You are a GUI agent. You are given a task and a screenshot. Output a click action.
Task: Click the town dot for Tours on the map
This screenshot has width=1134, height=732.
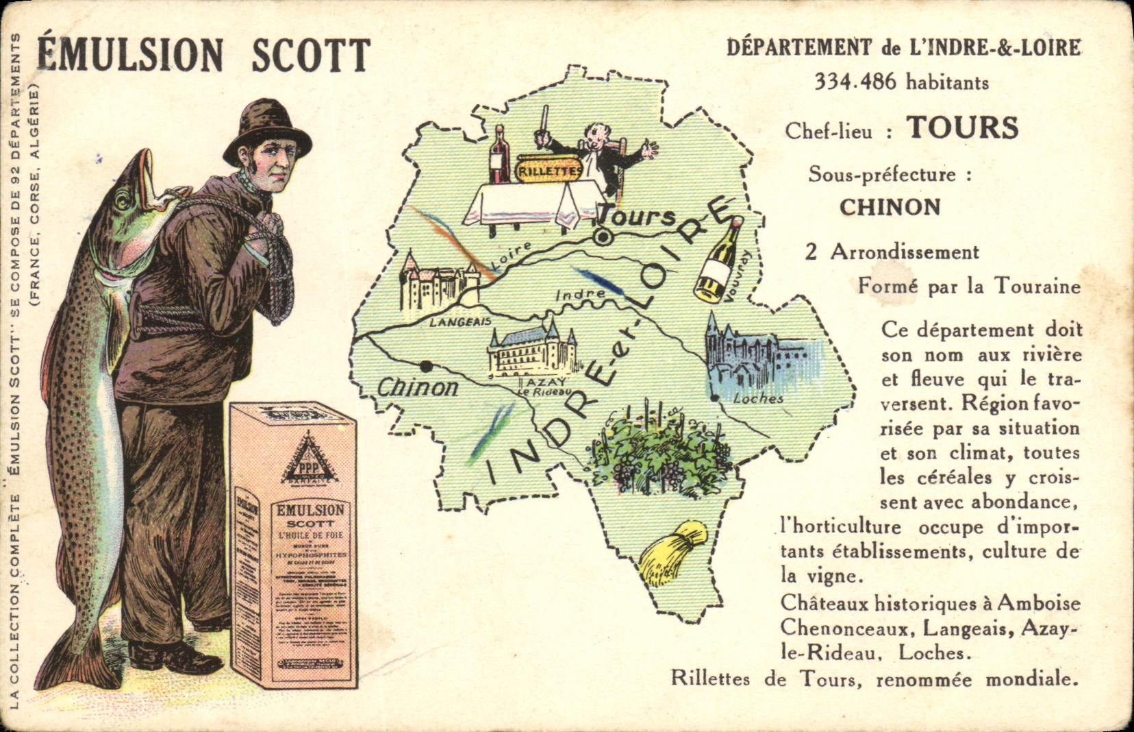point(603,237)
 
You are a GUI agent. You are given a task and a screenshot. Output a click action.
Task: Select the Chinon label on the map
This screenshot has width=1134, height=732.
point(417,388)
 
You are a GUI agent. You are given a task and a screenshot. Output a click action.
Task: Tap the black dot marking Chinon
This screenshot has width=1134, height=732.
point(426,365)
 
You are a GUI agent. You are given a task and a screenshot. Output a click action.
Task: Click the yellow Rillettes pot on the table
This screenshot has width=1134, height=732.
point(548,171)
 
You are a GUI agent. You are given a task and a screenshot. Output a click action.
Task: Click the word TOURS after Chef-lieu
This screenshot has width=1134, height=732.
point(963,127)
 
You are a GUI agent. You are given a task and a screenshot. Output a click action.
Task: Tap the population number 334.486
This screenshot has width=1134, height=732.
point(855,82)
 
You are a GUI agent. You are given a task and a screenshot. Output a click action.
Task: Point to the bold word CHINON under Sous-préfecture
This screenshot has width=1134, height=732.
point(890,207)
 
